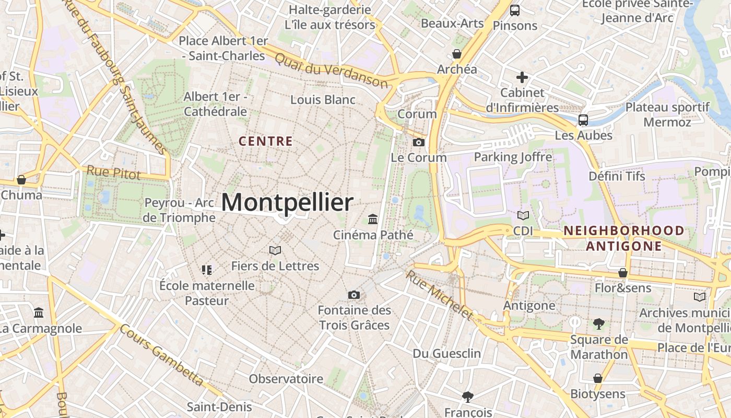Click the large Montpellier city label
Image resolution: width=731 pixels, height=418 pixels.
point(287,202)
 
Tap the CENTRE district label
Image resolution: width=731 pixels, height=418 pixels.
point(265,141)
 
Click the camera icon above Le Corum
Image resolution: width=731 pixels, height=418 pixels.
point(418,142)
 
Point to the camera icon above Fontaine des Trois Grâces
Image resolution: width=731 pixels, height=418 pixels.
point(354,295)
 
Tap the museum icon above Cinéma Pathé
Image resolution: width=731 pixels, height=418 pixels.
point(373,219)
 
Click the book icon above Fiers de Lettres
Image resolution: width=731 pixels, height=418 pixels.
point(275,251)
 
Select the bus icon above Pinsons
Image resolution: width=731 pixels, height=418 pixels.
point(515,10)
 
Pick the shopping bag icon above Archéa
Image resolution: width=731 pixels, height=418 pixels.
point(457,54)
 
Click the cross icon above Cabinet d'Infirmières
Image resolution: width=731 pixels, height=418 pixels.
point(522,78)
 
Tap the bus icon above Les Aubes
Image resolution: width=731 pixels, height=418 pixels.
point(583,120)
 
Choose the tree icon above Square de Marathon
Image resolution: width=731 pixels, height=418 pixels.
point(599,324)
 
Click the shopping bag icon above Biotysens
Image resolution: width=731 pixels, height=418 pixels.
point(598,378)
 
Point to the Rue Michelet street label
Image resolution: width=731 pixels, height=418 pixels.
point(439,295)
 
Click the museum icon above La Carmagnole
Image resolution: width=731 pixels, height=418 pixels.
point(39,313)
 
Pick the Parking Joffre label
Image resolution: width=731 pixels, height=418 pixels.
point(513,157)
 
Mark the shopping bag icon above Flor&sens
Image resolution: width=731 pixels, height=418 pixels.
point(623,273)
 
